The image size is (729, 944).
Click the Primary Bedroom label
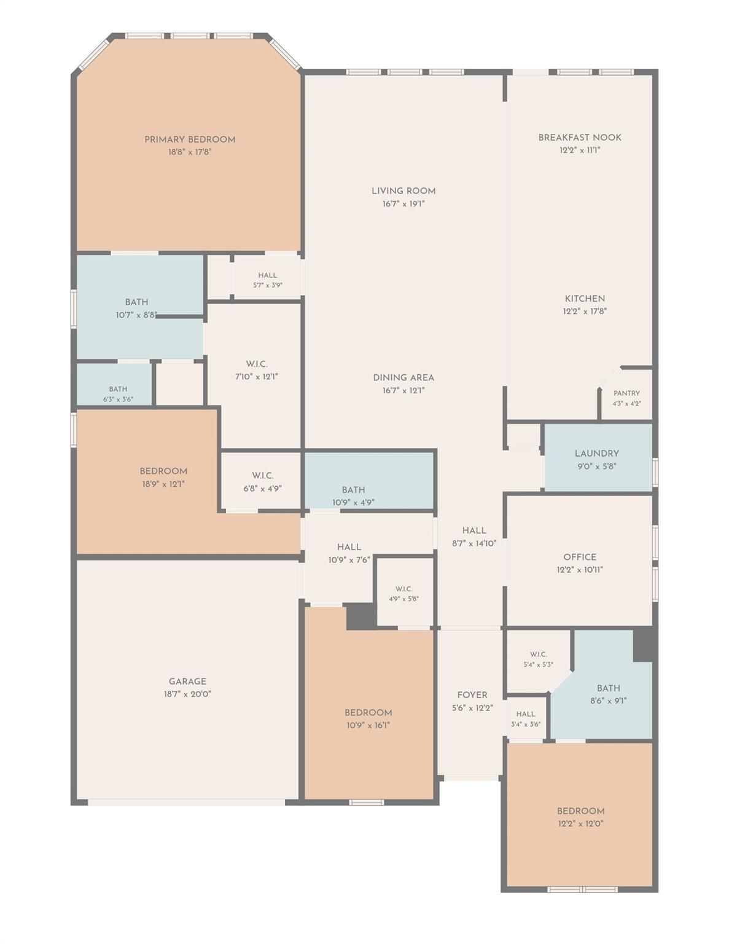coord(190,140)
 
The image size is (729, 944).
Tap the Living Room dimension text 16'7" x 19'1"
coord(403,204)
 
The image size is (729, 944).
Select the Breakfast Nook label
coord(580,137)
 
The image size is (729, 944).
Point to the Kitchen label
coord(585,299)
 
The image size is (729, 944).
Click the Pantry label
coord(626,393)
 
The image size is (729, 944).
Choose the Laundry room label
coord(597,454)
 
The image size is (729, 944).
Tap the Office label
coord(580,557)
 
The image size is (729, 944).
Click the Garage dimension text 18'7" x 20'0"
coord(187,694)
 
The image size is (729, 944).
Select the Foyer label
coord(472,695)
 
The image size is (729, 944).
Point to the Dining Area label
coord(403,377)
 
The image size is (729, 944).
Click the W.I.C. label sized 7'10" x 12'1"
coord(257,364)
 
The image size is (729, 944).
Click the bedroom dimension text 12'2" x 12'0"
coord(580,823)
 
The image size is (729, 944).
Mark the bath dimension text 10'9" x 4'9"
coord(353,503)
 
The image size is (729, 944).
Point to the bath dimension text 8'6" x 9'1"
coord(609,701)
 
